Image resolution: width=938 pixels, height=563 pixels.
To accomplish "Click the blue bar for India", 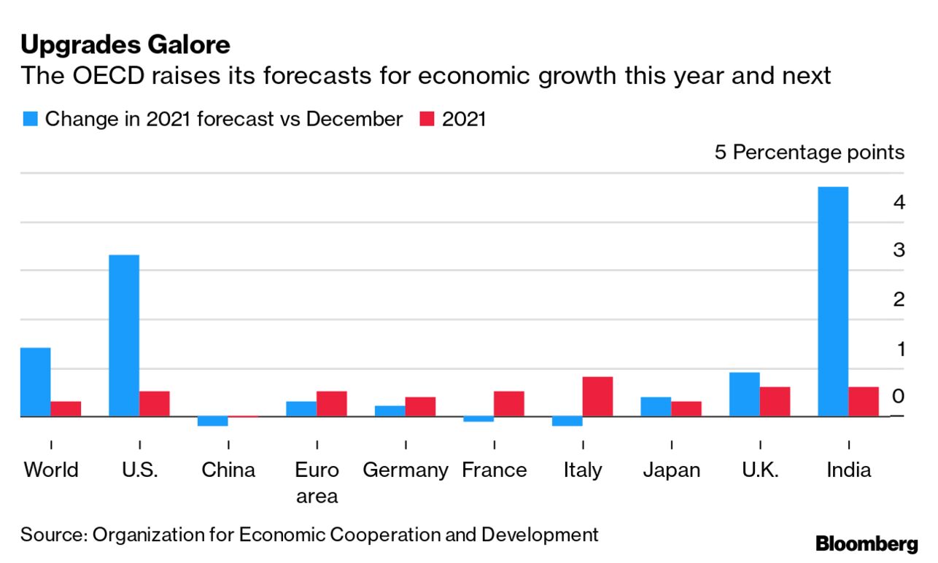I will [x=833, y=301].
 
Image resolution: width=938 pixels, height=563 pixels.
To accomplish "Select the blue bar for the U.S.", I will [x=124, y=335].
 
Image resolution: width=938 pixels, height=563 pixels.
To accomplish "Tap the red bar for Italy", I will [x=597, y=396].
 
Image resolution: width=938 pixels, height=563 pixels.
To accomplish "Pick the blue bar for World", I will [x=36, y=381].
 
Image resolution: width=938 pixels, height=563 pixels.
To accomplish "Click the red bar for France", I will [x=508, y=403].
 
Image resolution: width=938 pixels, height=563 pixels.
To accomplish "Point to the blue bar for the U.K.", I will [x=744, y=394].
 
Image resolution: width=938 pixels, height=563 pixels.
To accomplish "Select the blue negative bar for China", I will [x=213, y=421].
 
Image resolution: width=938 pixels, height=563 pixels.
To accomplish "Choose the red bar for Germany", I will [x=420, y=406].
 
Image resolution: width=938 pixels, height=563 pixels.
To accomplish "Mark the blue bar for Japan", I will [x=656, y=406].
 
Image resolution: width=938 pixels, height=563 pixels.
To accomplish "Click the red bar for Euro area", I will [x=331, y=403].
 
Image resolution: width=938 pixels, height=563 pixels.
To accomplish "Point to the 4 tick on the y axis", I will [x=899, y=202].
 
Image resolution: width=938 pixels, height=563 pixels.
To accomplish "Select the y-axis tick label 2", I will [x=899, y=300].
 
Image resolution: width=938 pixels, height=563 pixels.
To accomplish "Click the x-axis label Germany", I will [x=406, y=470].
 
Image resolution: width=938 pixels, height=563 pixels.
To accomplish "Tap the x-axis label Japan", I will [x=671, y=470].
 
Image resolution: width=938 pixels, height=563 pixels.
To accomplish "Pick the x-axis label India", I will [x=848, y=470].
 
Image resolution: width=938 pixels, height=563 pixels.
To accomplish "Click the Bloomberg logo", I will [x=867, y=543].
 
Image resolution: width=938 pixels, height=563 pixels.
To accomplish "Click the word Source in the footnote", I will [x=51, y=535].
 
